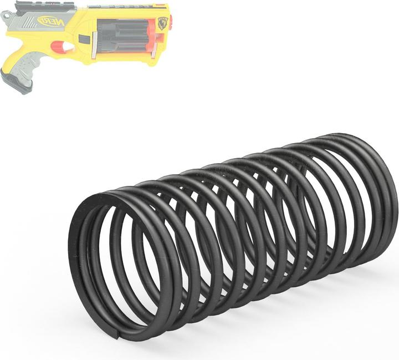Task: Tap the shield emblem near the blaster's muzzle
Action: click(x=162, y=22)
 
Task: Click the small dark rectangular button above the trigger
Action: click(x=83, y=39)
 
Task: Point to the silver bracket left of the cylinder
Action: click(x=96, y=42)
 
